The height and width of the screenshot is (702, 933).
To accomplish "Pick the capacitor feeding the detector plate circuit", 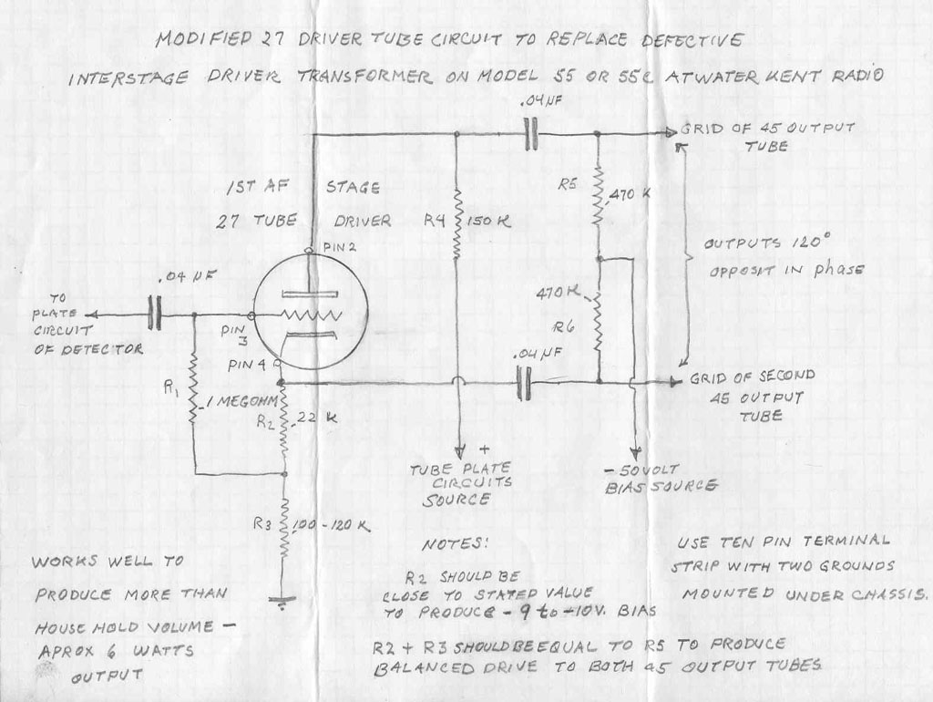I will pyautogui.click(x=154, y=315).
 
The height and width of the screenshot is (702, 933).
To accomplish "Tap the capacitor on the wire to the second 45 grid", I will pyautogui.click(x=523, y=382).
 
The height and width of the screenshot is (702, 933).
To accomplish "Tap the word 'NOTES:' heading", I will pyautogui.click(x=455, y=544).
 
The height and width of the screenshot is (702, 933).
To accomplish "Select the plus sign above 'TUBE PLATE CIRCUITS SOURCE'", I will pyautogui.click(x=484, y=450).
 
